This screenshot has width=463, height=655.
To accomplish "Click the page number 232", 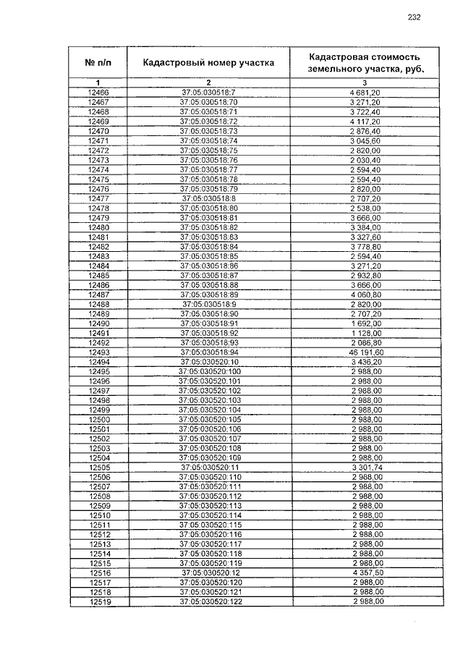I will pyautogui.click(x=414, y=17).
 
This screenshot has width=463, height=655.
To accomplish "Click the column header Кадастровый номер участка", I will pyautogui.click(x=208, y=63).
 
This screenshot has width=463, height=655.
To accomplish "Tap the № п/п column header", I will pyautogui.click(x=98, y=63).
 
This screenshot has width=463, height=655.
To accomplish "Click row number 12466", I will pyautogui.click(x=98, y=93).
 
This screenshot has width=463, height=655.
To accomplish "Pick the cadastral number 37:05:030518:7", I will pyautogui.click(x=208, y=93).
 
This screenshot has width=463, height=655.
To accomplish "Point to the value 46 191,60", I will pyautogui.click(x=365, y=352).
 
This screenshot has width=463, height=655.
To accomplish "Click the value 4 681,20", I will pyautogui.click(x=365, y=93).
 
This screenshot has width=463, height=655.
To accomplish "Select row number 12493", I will pyautogui.click(x=98, y=352).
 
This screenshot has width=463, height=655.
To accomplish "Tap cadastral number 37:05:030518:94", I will pyautogui.click(x=208, y=352).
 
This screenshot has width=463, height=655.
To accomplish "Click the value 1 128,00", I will pyautogui.click(x=365, y=333).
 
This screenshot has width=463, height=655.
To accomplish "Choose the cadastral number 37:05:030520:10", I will pyautogui.click(x=208, y=361).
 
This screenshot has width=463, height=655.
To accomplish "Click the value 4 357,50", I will pyautogui.click(x=365, y=572).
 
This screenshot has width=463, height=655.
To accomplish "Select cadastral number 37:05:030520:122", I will pyautogui.click(x=208, y=601).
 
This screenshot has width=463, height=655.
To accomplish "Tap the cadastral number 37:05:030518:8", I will pyautogui.click(x=208, y=198).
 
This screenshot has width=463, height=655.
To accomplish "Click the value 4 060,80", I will pyautogui.click(x=365, y=295).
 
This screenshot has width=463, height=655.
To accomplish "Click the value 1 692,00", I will pyautogui.click(x=365, y=324).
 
